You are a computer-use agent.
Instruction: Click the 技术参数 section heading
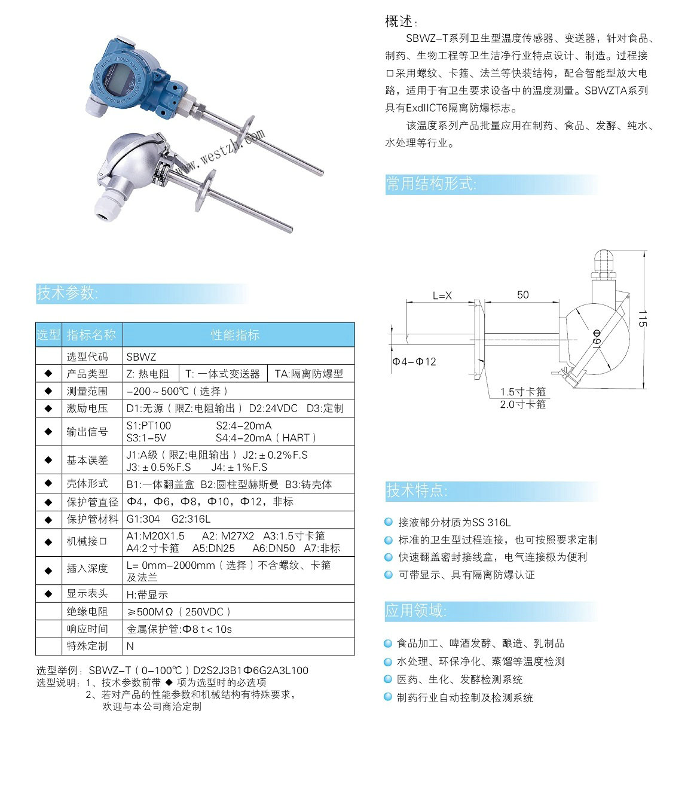(x=68, y=293)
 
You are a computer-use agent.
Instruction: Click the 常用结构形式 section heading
(x=431, y=184)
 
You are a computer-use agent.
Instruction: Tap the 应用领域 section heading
(x=415, y=611)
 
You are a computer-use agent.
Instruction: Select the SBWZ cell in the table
(x=141, y=356)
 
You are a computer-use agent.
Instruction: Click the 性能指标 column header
(x=236, y=335)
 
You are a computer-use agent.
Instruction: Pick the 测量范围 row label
(x=87, y=391)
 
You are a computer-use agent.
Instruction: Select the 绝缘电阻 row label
(x=87, y=611)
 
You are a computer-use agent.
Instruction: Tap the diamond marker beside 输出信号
(x=48, y=431)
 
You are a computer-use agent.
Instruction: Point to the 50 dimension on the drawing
(x=522, y=295)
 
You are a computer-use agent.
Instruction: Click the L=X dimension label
(x=442, y=295)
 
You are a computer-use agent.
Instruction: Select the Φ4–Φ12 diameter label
(x=414, y=362)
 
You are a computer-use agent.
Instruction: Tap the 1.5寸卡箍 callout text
(x=523, y=392)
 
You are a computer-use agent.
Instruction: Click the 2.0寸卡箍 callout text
(x=523, y=404)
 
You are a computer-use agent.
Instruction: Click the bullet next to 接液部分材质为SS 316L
(x=389, y=522)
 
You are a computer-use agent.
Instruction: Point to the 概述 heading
(x=399, y=22)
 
